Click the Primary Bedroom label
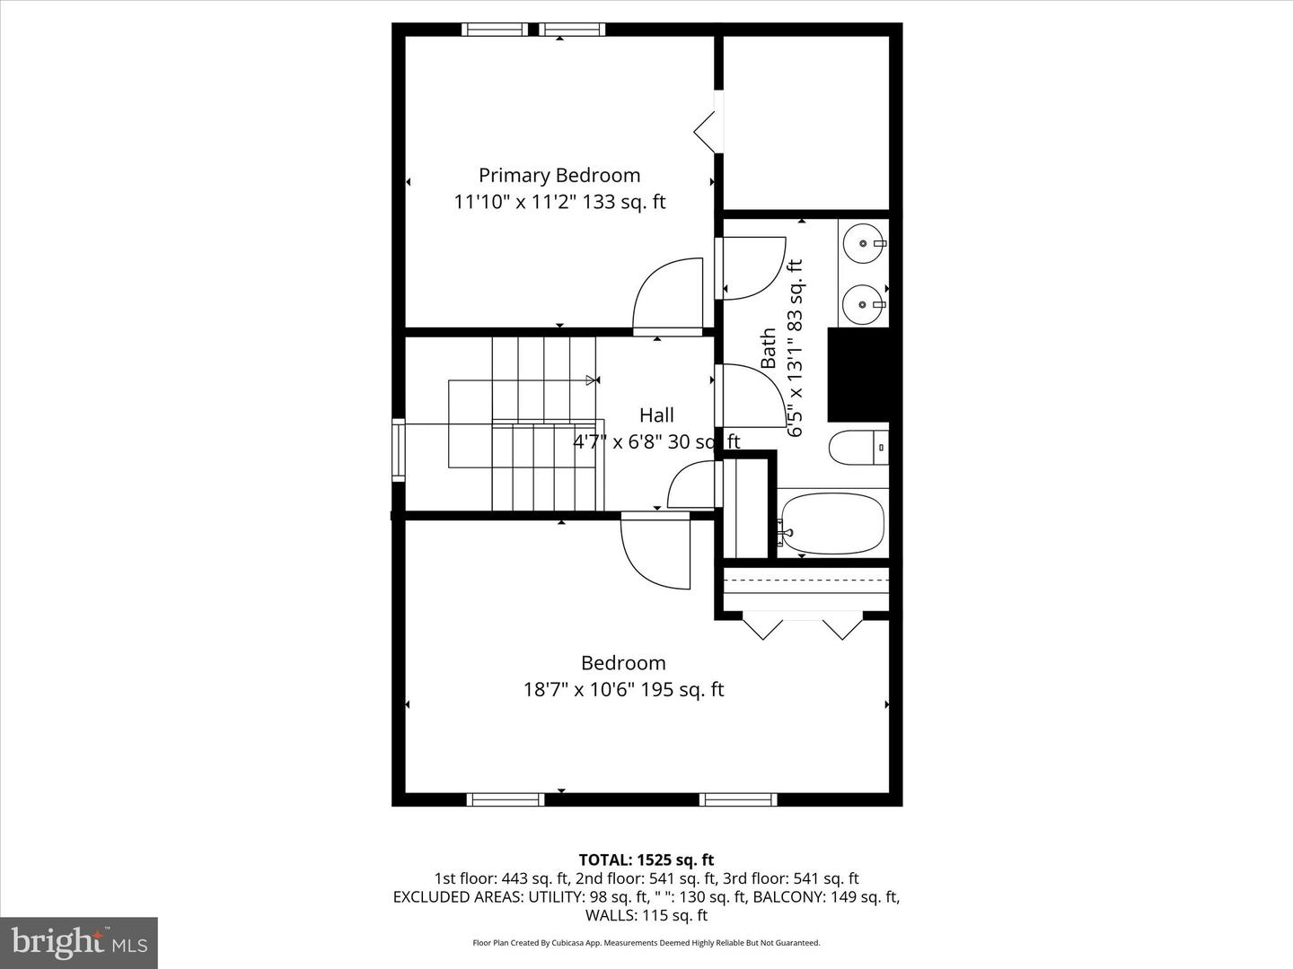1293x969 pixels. [559, 175]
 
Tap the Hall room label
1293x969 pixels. [656, 415]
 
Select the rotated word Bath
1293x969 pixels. [769, 348]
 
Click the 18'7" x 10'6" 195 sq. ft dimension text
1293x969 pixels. [623, 689]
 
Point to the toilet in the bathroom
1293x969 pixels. [858, 447]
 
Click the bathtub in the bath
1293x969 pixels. [832, 524]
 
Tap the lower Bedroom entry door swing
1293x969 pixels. [654, 554]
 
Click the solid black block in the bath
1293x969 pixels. [858, 375]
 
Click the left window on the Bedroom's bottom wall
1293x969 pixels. [506, 799]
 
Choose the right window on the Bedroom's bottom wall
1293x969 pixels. [738, 799]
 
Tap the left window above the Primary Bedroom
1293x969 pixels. [495, 30]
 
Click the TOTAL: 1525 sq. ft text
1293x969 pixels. [646, 860]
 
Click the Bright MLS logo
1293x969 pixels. [79, 943]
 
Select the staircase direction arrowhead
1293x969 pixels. [591, 380]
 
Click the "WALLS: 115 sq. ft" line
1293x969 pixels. [646, 915]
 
